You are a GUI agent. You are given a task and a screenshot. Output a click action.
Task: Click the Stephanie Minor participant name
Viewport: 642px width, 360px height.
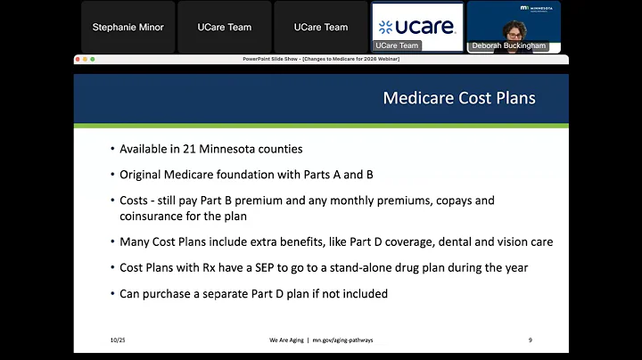[x=128, y=27]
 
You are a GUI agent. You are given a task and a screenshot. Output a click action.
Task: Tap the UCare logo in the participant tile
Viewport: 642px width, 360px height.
[x=418, y=27]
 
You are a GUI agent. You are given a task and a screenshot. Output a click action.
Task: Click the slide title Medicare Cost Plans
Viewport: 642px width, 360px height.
[x=459, y=98]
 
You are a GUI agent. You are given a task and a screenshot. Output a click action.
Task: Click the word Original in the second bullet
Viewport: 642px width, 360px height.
[x=141, y=174]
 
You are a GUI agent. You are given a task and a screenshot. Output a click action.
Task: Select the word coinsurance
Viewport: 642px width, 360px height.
[x=154, y=215]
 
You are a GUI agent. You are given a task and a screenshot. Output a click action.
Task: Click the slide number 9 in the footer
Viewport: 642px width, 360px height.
[x=531, y=340]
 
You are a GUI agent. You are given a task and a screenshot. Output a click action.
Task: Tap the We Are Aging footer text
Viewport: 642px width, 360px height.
[x=288, y=340]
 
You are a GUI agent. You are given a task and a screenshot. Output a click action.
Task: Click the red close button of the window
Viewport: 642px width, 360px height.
[x=78, y=59]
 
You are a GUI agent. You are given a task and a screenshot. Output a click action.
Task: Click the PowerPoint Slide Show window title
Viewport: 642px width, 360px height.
[x=320, y=59]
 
